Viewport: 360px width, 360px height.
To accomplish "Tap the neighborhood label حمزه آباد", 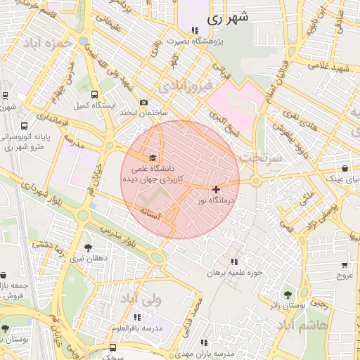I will coord(48,44).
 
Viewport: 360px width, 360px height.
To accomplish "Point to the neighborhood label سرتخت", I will coord(259,159).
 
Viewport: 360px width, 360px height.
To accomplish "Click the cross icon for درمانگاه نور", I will coord(215,188).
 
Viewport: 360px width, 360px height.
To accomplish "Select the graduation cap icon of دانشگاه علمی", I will coord(153,157).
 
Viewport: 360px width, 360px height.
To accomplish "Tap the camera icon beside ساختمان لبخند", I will coord(144,102).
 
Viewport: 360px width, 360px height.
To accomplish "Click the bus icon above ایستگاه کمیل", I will coord(94,94).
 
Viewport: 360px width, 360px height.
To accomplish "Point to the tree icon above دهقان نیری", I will coord(88,247).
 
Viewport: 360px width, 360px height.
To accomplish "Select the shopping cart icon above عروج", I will coord(344,265).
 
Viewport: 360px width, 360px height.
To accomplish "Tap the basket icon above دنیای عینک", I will coord(345,169).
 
